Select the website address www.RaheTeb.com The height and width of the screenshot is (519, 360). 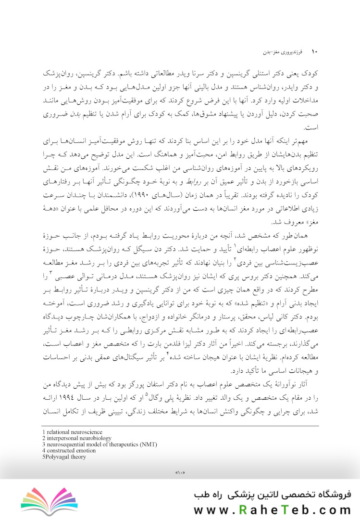(272, 509)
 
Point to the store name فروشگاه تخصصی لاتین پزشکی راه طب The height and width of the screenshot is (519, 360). (272, 494)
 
